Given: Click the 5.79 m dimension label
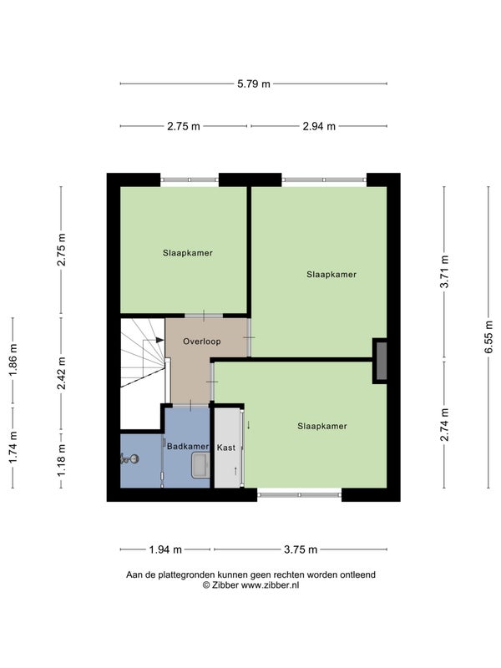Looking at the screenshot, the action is point(254,84).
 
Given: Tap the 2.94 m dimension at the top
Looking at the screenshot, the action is point(319,126).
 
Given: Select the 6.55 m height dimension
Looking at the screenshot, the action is point(488,337).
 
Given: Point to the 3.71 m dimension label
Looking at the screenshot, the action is point(444,272).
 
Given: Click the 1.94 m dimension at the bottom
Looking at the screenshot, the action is point(165,549).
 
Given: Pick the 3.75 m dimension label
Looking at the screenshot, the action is point(301,549).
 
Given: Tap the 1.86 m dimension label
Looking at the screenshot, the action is point(13,360).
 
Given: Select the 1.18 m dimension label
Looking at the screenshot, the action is point(61,460).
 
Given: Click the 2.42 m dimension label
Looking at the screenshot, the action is point(61,373).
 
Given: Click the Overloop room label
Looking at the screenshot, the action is point(202,342).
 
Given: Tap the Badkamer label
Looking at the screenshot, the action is point(188,447).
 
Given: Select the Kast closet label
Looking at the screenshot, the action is point(225,448).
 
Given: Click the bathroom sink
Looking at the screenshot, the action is point(200,465).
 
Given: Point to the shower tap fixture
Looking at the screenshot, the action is point(129,458).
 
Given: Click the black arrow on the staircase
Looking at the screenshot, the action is point(159,340).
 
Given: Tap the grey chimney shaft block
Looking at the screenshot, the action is point(381,361).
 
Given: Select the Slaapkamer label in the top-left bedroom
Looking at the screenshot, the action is point(187,253).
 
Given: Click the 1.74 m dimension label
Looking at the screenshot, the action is point(13,448).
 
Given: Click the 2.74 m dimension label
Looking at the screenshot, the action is point(444,424).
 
